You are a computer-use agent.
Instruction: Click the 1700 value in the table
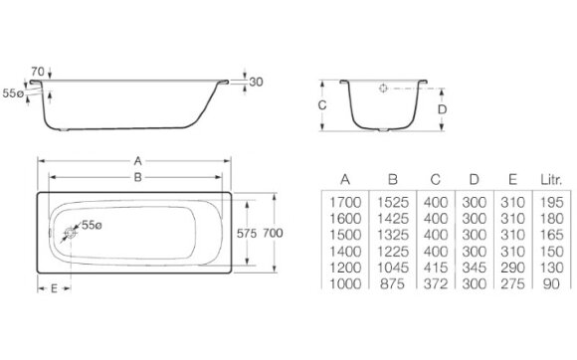coord(344,203)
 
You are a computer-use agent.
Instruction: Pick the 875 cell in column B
coord(392,284)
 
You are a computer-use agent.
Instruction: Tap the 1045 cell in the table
coord(392,268)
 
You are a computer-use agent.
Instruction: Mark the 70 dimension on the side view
coord(38,73)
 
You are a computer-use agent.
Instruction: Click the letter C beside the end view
coord(322,103)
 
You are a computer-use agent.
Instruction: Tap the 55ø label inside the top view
coord(92,225)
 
